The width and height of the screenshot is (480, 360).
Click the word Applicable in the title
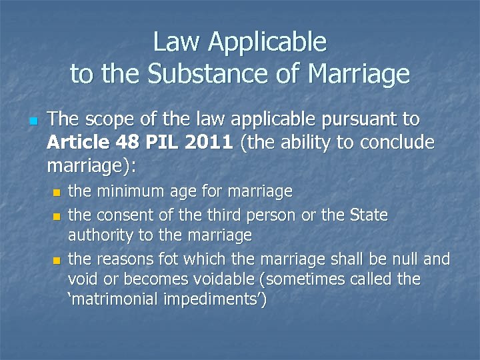click(267, 43)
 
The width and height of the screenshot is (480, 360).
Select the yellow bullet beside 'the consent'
click(56, 217)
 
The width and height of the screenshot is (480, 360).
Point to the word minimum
click(126, 192)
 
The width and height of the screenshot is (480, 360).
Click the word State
click(369, 215)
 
